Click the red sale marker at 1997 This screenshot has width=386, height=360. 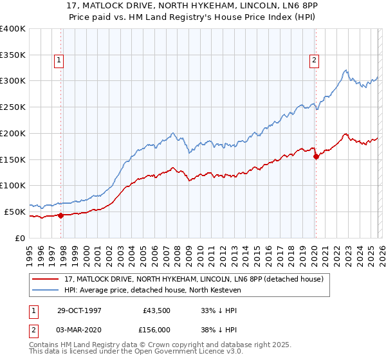[61, 215]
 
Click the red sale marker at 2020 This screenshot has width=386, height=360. [316, 156]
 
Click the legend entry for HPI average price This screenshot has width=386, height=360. [152, 290]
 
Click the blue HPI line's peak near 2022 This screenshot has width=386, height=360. [346, 70]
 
